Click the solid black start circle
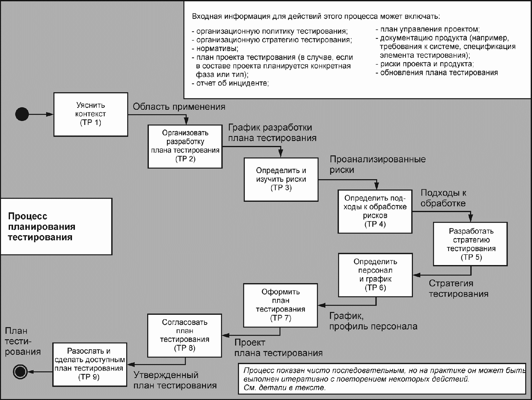pos(22,114)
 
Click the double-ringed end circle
pos(20,372)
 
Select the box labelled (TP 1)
pos(91,114)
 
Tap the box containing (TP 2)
pos(185,146)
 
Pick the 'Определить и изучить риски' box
pos(281,179)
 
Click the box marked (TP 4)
pos(375,211)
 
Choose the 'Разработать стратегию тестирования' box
pos(470,244)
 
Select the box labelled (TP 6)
pos(375,275)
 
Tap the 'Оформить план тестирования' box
pos(281,305)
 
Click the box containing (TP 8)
pos(185,335)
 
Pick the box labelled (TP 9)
pos(90,364)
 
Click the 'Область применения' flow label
pos(179,107)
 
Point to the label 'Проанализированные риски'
pos(378,165)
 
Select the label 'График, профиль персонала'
pos(373,321)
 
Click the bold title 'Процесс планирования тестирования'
pos(42,227)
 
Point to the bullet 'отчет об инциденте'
pos(230,83)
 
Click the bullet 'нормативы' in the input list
pos(215,49)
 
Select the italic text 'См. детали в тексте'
pos(284,388)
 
